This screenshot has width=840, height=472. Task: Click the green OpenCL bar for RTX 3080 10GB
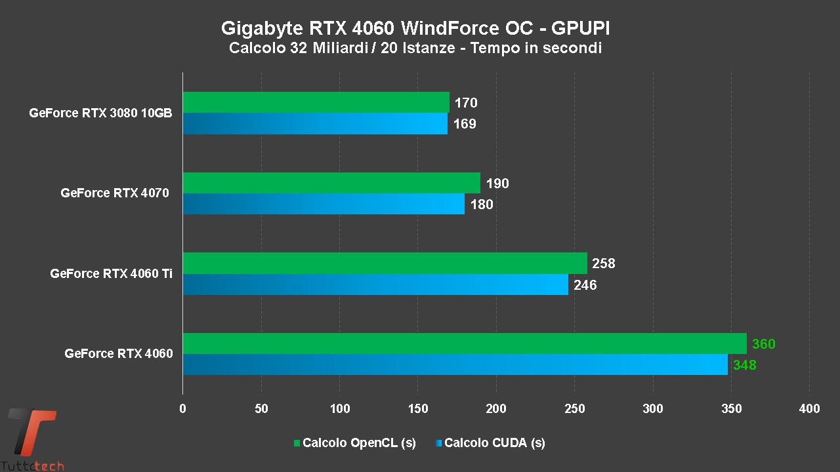pyautogui.click(x=316, y=102)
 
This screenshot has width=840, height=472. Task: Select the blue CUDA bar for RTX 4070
pyautogui.click(x=324, y=204)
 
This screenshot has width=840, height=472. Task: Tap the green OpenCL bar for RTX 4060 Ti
pyautogui.click(x=385, y=263)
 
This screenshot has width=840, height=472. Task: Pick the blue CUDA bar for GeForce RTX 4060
pyautogui.click(x=455, y=364)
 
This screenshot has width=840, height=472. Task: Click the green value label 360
pyautogui.click(x=764, y=344)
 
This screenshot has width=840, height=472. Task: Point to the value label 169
pyautogui.click(x=465, y=124)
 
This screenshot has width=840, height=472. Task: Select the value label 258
pyautogui.click(x=604, y=264)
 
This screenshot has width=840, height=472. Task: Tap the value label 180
pyautogui.click(x=482, y=205)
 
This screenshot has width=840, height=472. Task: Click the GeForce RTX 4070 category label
pyautogui.click(x=115, y=193)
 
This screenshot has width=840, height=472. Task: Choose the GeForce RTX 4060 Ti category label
pyautogui.click(x=112, y=273)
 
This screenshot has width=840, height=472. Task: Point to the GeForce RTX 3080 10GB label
pyautogui.click(x=100, y=113)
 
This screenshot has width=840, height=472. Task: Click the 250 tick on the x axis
pyautogui.click(x=574, y=409)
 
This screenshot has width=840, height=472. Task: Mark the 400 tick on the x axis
pyautogui.click(x=810, y=409)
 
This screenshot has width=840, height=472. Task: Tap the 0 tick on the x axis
pyautogui.click(x=182, y=409)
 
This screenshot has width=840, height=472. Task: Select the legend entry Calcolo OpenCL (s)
pyautogui.click(x=358, y=443)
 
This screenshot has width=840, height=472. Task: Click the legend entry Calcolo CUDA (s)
pyautogui.click(x=494, y=443)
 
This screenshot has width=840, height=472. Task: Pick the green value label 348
pyautogui.click(x=745, y=365)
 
